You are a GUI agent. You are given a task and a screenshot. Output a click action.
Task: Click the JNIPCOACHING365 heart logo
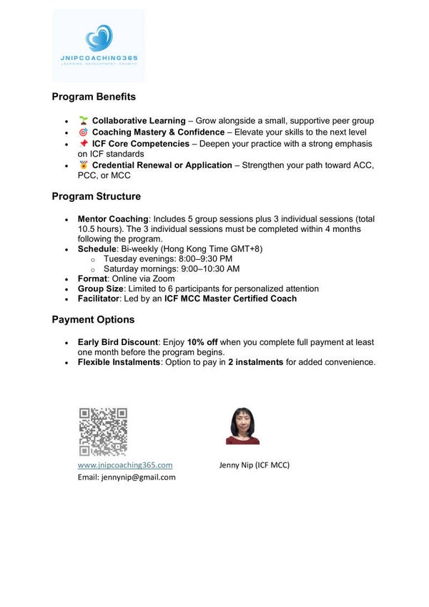click(99, 39)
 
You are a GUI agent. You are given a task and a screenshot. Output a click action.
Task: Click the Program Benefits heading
click(94, 97)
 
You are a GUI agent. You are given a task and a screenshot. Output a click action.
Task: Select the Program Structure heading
click(97, 196)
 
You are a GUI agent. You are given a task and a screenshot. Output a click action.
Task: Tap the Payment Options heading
click(93, 319)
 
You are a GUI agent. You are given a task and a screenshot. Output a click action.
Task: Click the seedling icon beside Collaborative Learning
click(84, 120)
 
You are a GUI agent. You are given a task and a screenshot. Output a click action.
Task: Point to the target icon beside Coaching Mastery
click(84, 132)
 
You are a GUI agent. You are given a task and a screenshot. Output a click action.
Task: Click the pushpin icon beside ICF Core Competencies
click(84, 143)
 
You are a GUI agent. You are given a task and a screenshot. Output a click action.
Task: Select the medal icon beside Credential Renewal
click(84, 165)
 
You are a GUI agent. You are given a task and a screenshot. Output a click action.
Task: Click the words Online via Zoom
click(147, 278)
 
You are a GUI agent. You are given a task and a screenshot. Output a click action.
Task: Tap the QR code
click(103, 432)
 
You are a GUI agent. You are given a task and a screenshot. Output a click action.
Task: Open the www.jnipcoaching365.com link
click(125, 465)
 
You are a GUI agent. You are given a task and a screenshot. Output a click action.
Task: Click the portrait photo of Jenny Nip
click(242, 426)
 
